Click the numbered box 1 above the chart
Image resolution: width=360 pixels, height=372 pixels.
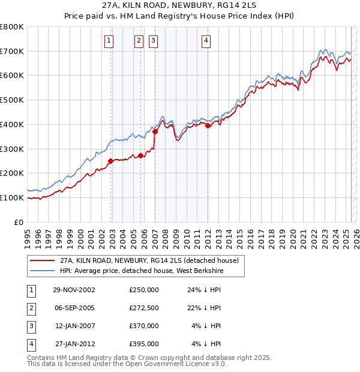tap(109, 41)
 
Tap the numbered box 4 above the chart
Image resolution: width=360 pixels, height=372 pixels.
tap(206, 41)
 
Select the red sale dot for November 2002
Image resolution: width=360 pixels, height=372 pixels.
tap(111, 161)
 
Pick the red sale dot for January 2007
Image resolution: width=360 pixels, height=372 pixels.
tap(155, 131)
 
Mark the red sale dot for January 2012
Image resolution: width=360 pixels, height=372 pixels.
tap(208, 125)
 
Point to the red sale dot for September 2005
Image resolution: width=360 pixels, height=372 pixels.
tap(140, 155)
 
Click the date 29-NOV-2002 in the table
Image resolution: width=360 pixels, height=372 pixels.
tap(74, 290)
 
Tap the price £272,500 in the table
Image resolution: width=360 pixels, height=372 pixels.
tap(144, 308)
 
